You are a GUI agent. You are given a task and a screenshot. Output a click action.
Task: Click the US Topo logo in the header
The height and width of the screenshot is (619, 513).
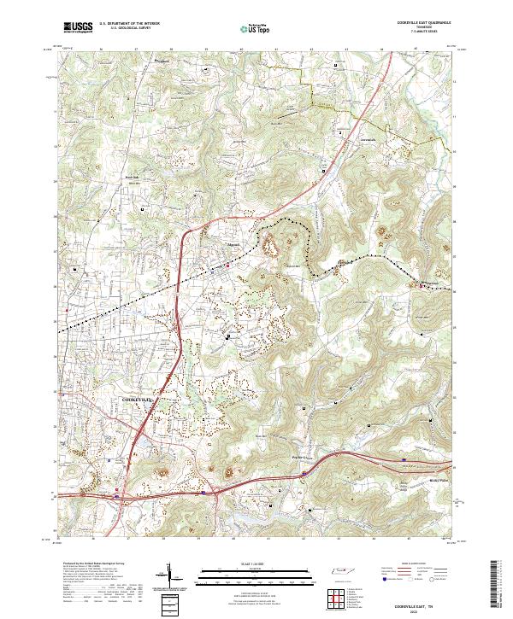pyautogui.click(x=256, y=28)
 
